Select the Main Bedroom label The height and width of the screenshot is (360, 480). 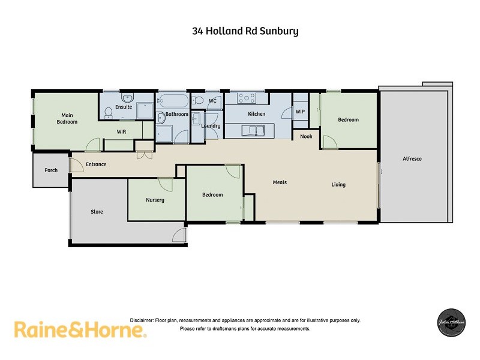(x=67, y=118)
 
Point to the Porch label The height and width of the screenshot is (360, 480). (x=51, y=170)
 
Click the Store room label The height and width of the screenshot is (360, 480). (x=97, y=212)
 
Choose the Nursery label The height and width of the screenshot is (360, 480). (x=155, y=200)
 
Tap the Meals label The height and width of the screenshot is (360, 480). (x=280, y=182)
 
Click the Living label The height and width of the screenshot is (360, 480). (x=338, y=185)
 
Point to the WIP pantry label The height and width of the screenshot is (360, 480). (x=300, y=111)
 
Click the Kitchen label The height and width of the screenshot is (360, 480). (x=257, y=114)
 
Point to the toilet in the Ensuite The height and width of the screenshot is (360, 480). (x=108, y=112)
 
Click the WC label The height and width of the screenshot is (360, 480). (x=212, y=101)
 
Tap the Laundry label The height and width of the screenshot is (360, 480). (x=211, y=127)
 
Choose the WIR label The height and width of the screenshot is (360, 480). (x=121, y=131)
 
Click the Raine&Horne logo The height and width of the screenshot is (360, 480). (x=80, y=330)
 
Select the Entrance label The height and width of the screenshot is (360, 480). (x=96, y=164)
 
